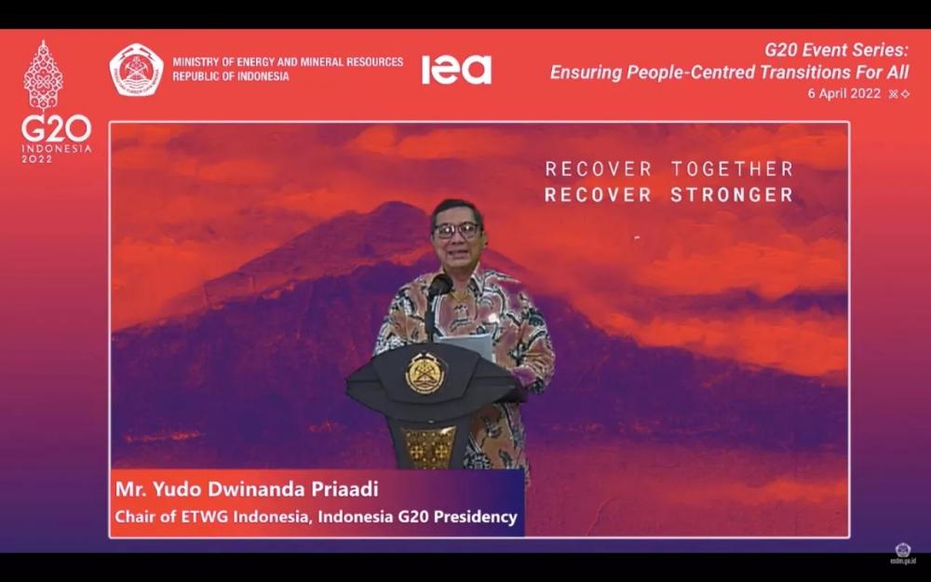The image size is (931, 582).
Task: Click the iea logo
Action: (456, 70)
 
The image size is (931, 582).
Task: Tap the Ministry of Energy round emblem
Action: (137, 70)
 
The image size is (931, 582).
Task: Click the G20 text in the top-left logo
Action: (57, 129)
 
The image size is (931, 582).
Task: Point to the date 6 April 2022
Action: (843, 93)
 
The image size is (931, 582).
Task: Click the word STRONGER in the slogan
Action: (732, 195)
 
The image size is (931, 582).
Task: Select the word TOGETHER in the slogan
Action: (732, 169)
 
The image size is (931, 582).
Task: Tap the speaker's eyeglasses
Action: (456, 230)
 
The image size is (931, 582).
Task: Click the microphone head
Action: (439, 285)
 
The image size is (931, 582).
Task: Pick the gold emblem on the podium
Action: (425, 373)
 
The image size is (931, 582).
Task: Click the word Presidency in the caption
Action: (475, 517)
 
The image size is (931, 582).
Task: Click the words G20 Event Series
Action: (836, 50)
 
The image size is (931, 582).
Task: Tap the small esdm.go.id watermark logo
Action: (902, 553)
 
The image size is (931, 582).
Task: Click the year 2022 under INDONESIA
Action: (37, 159)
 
